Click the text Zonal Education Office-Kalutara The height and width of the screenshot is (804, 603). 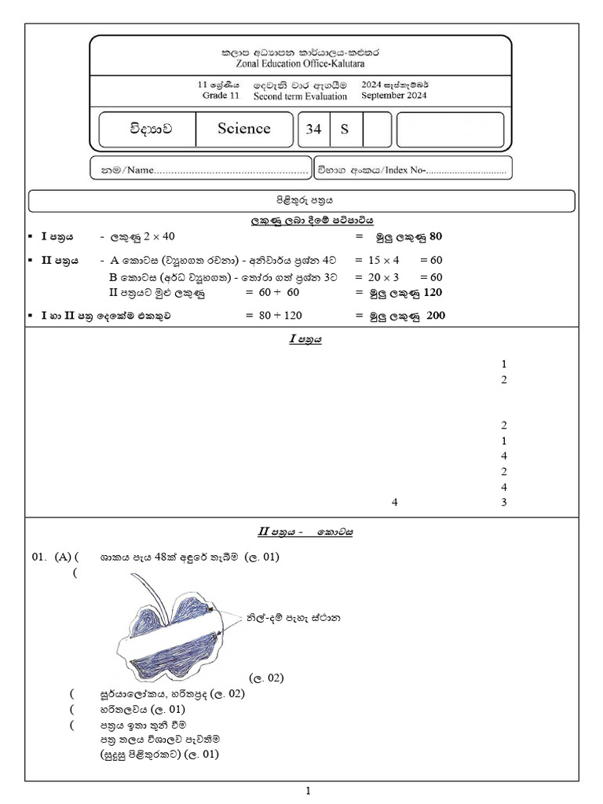pyautogui.click(x=300, y=64)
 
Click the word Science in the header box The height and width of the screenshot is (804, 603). pyautogui.click(x=244, y=128)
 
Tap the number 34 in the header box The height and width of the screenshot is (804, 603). pyautogui.click(x=313, y=129)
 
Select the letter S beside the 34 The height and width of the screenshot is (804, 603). pyautogui.click(x=345, y=130)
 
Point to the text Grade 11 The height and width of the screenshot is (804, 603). pyautogui.click(x=221, y=95)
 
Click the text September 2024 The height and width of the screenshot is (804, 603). pyautogui.click(x=394, y=95)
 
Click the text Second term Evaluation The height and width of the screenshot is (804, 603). pyautogui.click(x=300, y=96)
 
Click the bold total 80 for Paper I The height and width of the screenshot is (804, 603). pyautogui.click(x=436, y=236)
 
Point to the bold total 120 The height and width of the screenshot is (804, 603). pyautogui.click(x=433, y=292)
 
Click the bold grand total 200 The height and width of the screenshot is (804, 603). pyautogui.click(x=436, y=316)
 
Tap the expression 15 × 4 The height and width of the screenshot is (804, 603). pyautogui.click(x=383, y=260)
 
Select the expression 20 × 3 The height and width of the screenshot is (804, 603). pyautogui.click(x=383, y=277)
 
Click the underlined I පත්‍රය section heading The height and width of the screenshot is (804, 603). pyautogui.click(x=305, y=339)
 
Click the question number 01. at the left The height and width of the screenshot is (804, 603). pyautogui.click(x=39, y=557)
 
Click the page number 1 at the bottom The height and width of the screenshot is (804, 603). pyautogui.click(x=308, y=791)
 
